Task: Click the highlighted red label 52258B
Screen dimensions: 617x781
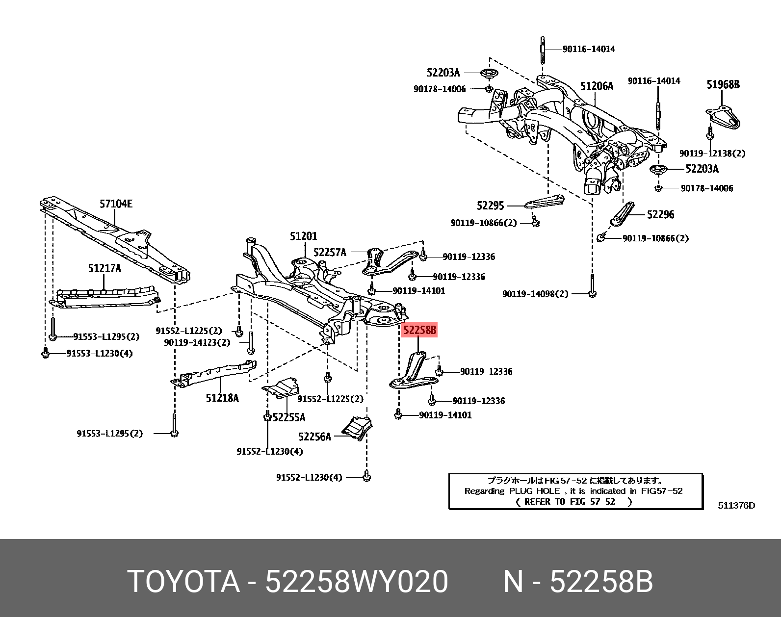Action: (419, 330)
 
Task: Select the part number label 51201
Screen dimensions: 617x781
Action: (303, 236)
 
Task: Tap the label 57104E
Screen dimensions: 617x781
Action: (116, 203)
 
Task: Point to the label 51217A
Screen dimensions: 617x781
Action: (104, 268)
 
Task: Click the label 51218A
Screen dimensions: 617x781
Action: (222, 397)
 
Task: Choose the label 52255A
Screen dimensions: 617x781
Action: (288, 417)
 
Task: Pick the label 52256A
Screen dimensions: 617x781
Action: (314, 436)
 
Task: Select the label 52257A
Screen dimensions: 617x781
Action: (330, 252)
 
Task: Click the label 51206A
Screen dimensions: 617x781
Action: (597, 86)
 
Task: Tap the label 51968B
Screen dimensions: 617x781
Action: (723, 84)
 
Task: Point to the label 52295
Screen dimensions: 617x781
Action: (491, 206)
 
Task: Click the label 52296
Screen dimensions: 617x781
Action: (660, 214)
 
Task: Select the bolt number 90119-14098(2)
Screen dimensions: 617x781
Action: (535, 294)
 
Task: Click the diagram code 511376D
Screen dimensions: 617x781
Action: (736, 505)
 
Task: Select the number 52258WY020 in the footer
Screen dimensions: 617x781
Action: (357, 582)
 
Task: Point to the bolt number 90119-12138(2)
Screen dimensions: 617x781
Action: (712, 154)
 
